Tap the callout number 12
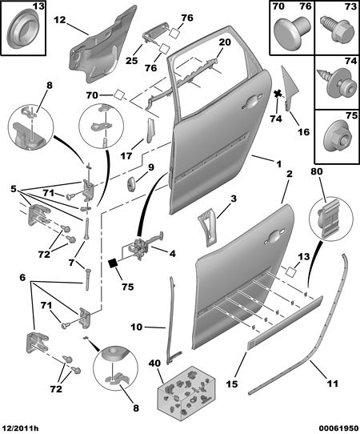click(60, 20)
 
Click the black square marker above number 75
click(114, 263)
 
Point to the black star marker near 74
click(278, 94)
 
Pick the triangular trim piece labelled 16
click(290, 88)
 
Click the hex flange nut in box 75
click(338, 135)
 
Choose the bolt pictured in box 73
click(337, 29)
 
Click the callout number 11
click(332, 384)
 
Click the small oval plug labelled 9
click(131, 183)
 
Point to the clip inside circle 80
click(330, 218)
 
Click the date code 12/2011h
click(19, 428)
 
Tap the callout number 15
click(232, 384)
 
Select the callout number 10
click(136, 327)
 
